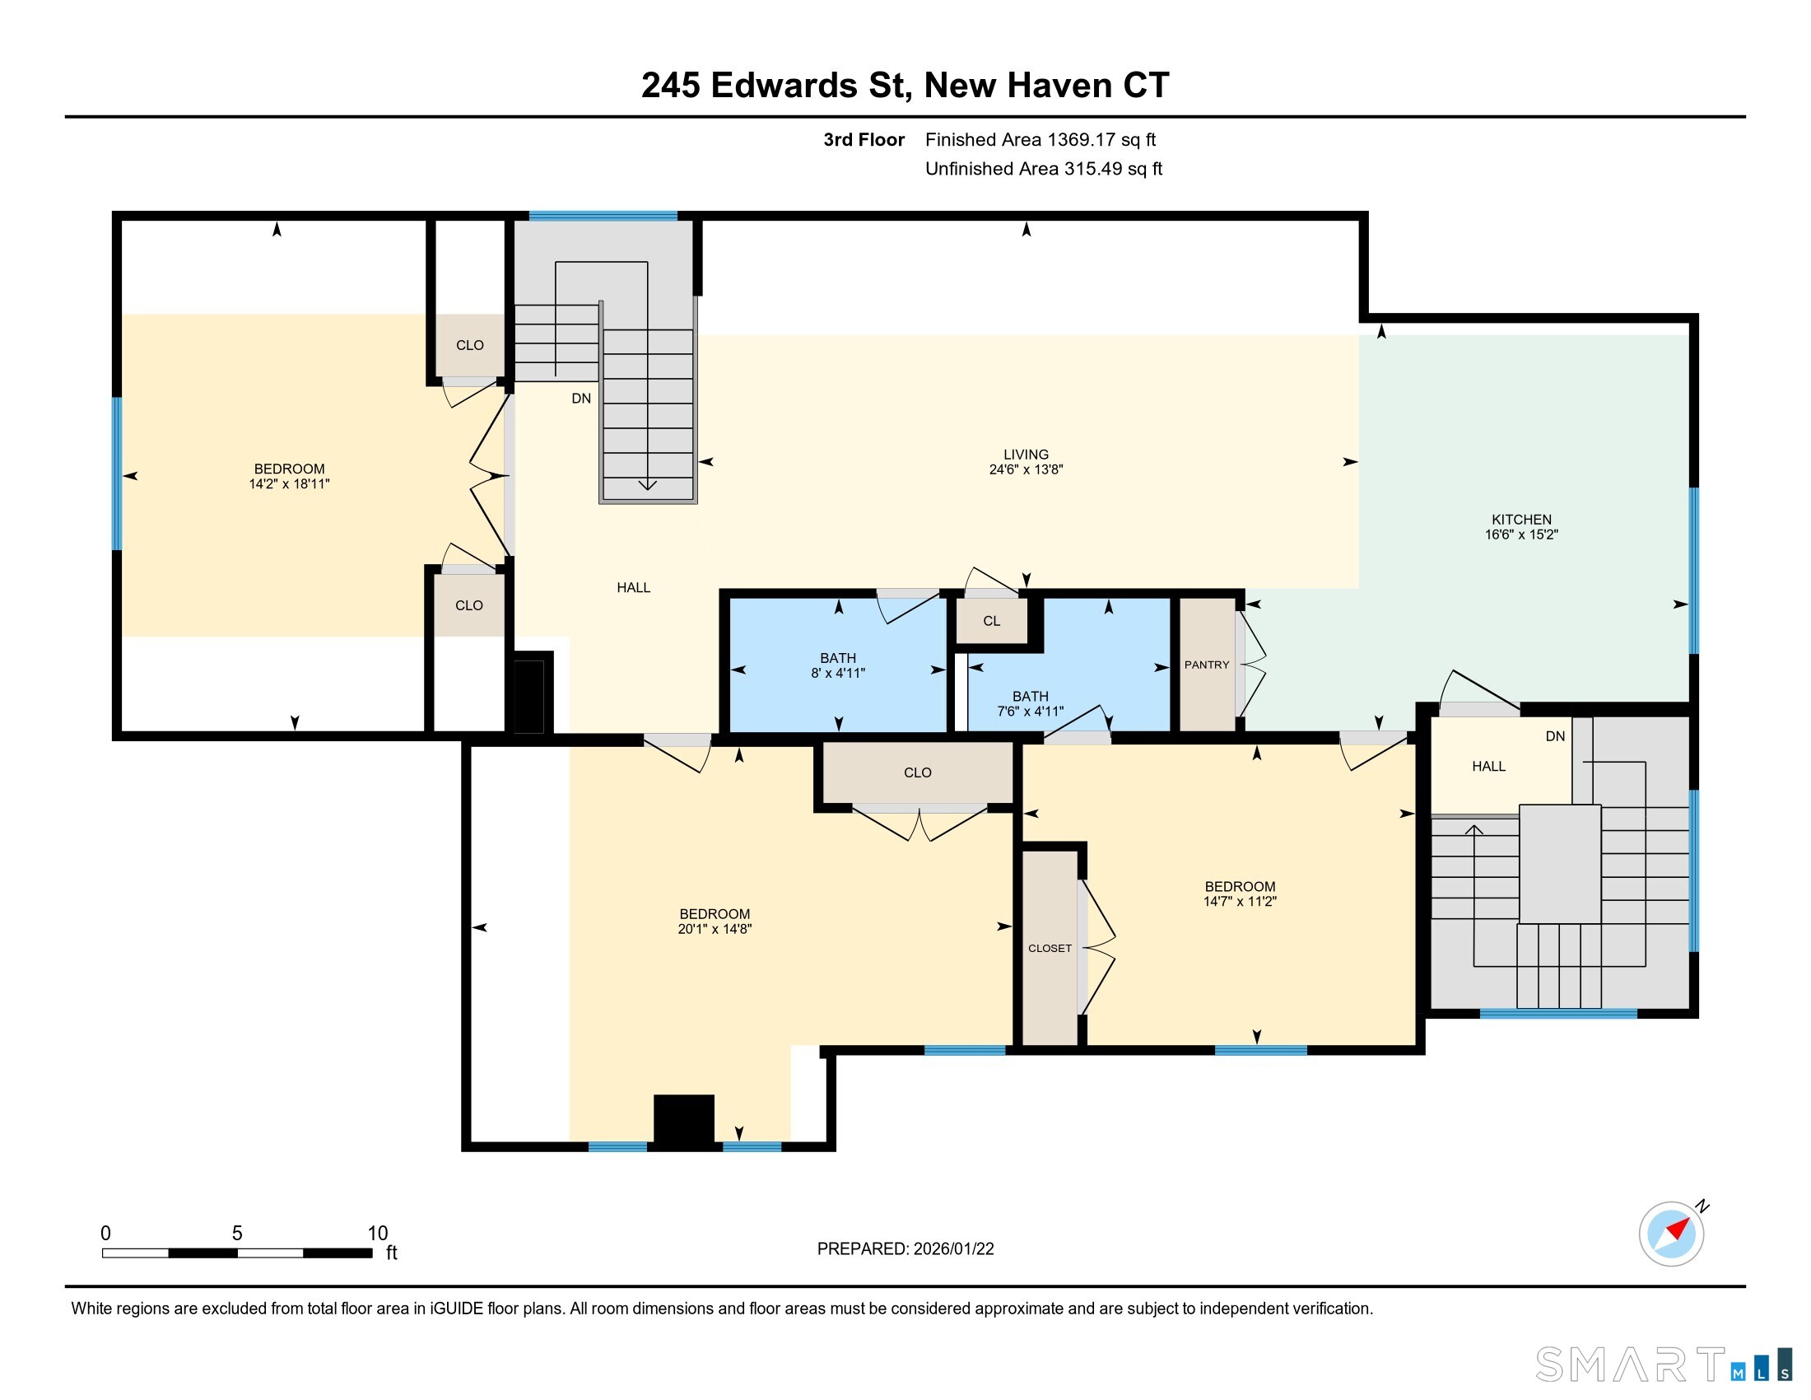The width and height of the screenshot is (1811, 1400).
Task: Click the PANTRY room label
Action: click(1207, 665)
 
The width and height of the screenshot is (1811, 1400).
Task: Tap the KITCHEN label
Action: click(1521, 519)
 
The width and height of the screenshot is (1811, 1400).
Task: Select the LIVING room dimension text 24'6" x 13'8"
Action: click(1026, 469)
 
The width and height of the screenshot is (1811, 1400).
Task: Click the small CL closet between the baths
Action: click(992, 620)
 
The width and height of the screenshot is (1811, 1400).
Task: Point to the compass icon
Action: click(1672, 1234)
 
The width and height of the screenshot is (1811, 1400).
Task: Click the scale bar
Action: click(237, 1253)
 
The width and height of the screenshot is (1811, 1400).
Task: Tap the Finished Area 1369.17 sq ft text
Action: click(1040, 139)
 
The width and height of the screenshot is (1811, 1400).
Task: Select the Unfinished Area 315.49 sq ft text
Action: click(1043, 168)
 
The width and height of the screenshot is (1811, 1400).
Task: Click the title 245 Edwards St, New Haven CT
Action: click(906, 85)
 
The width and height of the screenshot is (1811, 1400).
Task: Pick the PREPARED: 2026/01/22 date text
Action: click(906, 1248)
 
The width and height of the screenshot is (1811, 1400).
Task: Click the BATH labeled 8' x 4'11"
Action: click(837, 665)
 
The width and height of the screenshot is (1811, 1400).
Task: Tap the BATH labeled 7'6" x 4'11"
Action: click(1030, 703)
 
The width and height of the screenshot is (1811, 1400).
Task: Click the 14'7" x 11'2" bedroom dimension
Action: click(1240, 902)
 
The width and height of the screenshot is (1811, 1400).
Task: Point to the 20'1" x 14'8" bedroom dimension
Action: click(714, 929)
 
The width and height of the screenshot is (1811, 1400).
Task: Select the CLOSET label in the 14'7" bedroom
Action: click(1050, 948)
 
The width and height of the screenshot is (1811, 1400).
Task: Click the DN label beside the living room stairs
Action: click(581, 398)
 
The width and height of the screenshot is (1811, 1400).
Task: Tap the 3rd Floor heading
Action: click(864, 139)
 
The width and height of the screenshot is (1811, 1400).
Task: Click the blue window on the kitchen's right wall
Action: click(1694, 570)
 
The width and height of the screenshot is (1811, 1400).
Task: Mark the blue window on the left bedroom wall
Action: click(117, 474)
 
